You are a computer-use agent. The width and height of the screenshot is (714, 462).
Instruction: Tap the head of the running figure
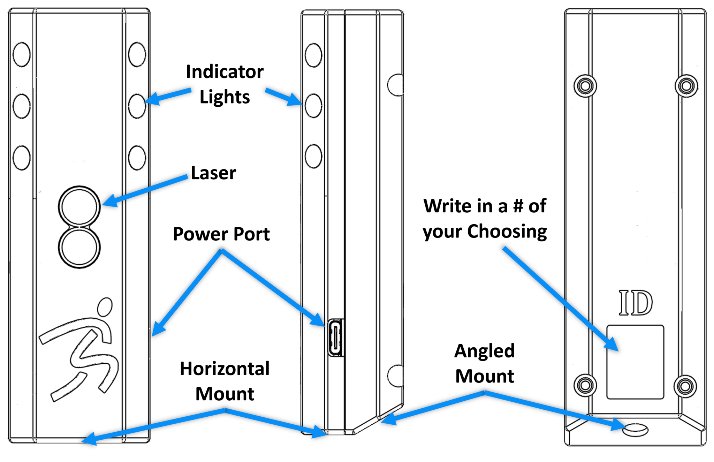click(x=105, y=306)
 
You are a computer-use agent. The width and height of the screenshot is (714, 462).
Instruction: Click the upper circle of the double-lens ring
click(x=79, y=206)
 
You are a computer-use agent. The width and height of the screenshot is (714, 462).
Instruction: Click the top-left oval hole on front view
click(x=22, y=54)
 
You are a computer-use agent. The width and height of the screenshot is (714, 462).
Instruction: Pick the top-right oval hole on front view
click(x=137, y=54)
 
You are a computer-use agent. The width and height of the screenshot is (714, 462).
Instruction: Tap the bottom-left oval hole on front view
click(x=22, y=158)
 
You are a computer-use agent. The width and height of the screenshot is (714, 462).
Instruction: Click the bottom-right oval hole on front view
click(x=137, y=158)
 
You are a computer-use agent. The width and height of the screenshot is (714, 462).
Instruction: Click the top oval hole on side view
click(x=313, y=55)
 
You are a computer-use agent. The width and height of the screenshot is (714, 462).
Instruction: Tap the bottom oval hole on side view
click(x=313, y=156)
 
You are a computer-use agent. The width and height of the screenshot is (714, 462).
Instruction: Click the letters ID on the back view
click(x=636, y=303)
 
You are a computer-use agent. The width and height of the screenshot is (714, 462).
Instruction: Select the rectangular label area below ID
click(x=635, y=362)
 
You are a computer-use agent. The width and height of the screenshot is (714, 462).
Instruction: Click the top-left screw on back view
click(x=585, y=86)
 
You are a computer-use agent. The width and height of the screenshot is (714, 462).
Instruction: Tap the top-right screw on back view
click(x=686, y=86)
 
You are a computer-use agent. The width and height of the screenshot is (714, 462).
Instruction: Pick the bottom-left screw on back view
click(x=585, y=386)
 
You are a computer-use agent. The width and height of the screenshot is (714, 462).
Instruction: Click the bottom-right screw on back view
click(x=685, y=386)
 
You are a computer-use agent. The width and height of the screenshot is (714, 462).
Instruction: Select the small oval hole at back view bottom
click(x=635, y=430)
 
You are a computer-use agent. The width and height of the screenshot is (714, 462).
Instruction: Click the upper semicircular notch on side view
click(x=396, y=85)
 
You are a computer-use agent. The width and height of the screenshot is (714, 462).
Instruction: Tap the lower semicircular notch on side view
click(x=396, y=376)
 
